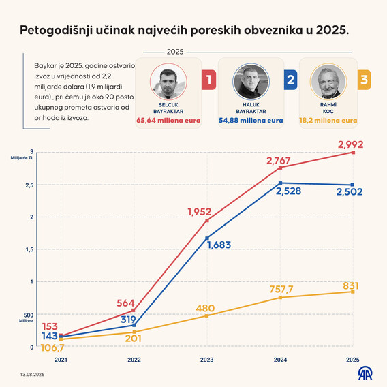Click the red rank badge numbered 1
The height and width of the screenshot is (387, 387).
(x=208, y=80)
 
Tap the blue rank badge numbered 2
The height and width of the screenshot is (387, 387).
(x=290, y=80)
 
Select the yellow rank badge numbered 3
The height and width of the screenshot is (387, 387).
(x=364, y=80)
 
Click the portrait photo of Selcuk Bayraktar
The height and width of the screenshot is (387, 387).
(x=168, y=82)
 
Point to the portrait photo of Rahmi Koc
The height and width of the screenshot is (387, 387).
(x=328, y=82)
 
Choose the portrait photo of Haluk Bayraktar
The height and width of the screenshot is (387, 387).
(x=251, y=82)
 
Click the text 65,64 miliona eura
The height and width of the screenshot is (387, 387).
(x=168, y=121)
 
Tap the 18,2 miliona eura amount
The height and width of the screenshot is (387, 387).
(x=328, y=121)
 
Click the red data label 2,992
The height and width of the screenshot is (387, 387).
(x=350, y=144)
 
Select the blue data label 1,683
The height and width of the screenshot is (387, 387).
(x=219, y=245)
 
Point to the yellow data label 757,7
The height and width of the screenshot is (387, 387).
(x=281, y=289)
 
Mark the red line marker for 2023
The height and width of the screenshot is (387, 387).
(x=207, y=220)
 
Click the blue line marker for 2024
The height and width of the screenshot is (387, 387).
(x=281, y=183)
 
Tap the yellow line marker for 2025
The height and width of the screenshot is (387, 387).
(x=353, y=292)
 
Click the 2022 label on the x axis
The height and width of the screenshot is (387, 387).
(x=134, y=360)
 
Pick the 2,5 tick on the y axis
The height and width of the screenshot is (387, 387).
(x=29, y=185)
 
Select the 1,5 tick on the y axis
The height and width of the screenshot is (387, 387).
(x=29, y=249)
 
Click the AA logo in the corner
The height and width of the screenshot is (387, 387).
(x=365, y=373)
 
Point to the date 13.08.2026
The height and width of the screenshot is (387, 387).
(x=32, y=375)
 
